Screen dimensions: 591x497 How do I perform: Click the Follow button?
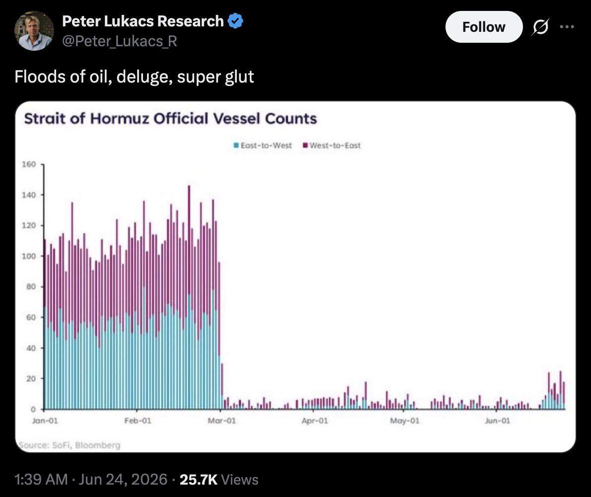tap(484, 27)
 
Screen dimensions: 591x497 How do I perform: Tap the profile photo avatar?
tap(34, 31)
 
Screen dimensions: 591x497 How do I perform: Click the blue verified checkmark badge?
tap(235, 21)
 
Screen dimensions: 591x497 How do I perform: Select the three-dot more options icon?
tap(567, 27)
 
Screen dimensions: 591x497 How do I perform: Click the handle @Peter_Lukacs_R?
tap(120, 41)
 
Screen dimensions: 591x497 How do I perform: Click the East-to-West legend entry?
tap(263, 146)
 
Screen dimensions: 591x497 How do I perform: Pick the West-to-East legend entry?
tap(332, 146)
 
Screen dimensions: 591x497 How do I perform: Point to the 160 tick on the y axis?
tap(29, 164)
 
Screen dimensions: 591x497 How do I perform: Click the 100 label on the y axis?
tap(29, 256)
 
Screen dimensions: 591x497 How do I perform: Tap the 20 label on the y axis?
tap(31, 379)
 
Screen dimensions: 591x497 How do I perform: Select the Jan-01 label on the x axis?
tap(45, 420)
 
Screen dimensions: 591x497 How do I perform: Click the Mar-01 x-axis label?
tap(222, 420)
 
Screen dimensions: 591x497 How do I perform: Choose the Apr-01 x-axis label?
tap(315, 420)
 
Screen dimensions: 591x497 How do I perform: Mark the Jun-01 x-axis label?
tap(498, 420)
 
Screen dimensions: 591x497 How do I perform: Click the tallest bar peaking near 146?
tap(189, 297)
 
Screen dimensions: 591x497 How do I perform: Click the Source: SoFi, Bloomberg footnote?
tap(70, 445)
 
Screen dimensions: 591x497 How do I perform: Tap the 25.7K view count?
tap(199, 480)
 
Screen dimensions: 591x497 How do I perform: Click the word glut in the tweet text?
tap(239, 77)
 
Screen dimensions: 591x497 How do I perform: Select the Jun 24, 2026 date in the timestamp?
tap(123, 480)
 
